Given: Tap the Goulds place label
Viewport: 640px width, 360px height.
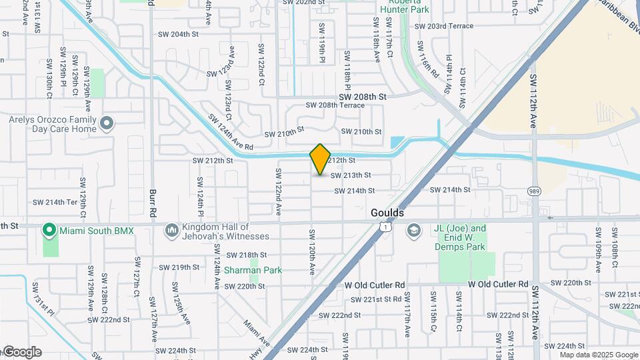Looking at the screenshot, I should click(x=387, y=213).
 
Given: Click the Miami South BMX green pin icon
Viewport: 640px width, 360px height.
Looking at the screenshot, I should click(x=49, y=231).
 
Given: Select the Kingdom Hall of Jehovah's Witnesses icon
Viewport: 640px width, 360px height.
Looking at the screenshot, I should click(x=172, y=230).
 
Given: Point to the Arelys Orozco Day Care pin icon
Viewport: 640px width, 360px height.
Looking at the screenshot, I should click(x=107, y=123).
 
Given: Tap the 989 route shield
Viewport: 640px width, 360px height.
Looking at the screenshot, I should click(x=535, y=191).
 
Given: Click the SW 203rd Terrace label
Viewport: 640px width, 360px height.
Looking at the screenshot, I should click(x=443, y=26).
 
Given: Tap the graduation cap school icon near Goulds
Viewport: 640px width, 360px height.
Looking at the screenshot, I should click(x=414, y=230).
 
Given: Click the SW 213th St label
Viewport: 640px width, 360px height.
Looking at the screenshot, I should click(x=351, y=175).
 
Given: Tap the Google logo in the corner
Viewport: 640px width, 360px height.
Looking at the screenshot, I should click(x=22, y=352).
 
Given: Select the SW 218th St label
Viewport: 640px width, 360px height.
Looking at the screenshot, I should click(x=246, y=255).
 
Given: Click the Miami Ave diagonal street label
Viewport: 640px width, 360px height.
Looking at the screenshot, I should click(x=257, y=333).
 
